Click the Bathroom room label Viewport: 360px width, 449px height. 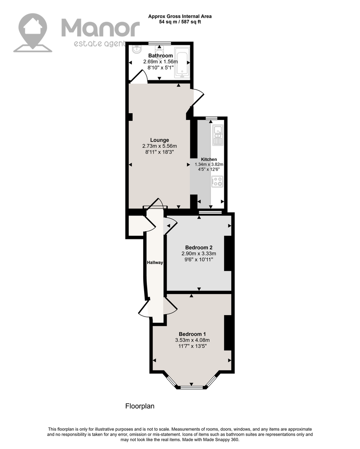[160, 56]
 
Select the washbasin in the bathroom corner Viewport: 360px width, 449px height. [137, 50]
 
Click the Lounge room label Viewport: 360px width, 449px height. [159, 140]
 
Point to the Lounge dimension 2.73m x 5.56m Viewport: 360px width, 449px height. [159, 146]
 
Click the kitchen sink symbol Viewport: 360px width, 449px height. [218, 136]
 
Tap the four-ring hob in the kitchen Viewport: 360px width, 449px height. [218, 182]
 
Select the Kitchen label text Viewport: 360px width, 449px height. [209, 159]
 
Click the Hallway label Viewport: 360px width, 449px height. [155, 262]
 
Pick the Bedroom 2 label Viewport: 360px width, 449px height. [198, 247]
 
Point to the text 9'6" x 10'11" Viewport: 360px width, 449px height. [198, 260]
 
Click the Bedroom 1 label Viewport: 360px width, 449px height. [192, 334]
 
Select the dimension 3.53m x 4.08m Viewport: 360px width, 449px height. [192, 340]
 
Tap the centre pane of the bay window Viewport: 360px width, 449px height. [192, 387]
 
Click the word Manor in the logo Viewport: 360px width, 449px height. [100, 27]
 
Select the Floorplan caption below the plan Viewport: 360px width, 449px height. [140, 406]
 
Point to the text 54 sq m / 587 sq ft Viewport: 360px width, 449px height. [180, 22]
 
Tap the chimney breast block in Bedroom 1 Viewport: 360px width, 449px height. [228, 333]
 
